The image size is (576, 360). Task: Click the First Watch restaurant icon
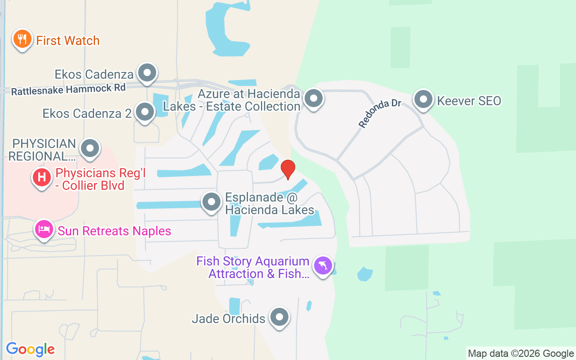22,39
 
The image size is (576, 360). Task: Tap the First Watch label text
67,40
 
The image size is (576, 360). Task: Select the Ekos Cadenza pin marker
147,72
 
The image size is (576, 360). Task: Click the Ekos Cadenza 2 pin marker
145,112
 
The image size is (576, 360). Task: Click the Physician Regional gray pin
90,148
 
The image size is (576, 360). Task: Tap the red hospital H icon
41,177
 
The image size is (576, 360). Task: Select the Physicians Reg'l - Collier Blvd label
100,179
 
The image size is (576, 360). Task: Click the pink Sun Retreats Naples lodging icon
44,229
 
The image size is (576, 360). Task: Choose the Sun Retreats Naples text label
114,231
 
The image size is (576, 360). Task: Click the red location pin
288,169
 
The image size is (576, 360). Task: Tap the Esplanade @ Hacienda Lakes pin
211,202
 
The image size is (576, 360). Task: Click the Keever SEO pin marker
423,99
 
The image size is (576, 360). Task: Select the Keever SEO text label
469,101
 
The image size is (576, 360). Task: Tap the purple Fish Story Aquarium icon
323,265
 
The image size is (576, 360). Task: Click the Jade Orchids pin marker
279,317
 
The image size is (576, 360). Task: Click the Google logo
31,349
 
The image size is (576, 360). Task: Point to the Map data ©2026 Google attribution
521,353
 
